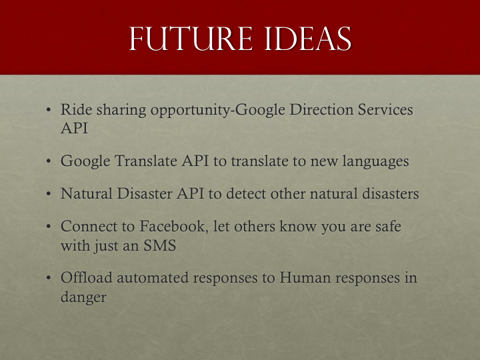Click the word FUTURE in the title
pyautogui.click(x=191, y=39)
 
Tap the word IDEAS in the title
pyautogui.click(x=308, y=39)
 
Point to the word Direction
pyautogui.click(x=321, y=109)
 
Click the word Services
pyautogui.click(x=385, y=109)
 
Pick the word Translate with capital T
pyautogui.click(x=146, y=161)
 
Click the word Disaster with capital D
pyautogui.click(x=145, y=193)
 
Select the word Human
pyautogui.click(x=305, y=277)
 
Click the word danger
pyautogui.click(x=83, y=297)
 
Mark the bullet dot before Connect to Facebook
pyautogui.click(x=49, y=227)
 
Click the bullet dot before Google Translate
pyautogui.click(x=49, y=161)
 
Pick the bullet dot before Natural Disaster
pyautogui.click(x=49, y=194)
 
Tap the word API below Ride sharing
pyautogui.click(x=74, y=128)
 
